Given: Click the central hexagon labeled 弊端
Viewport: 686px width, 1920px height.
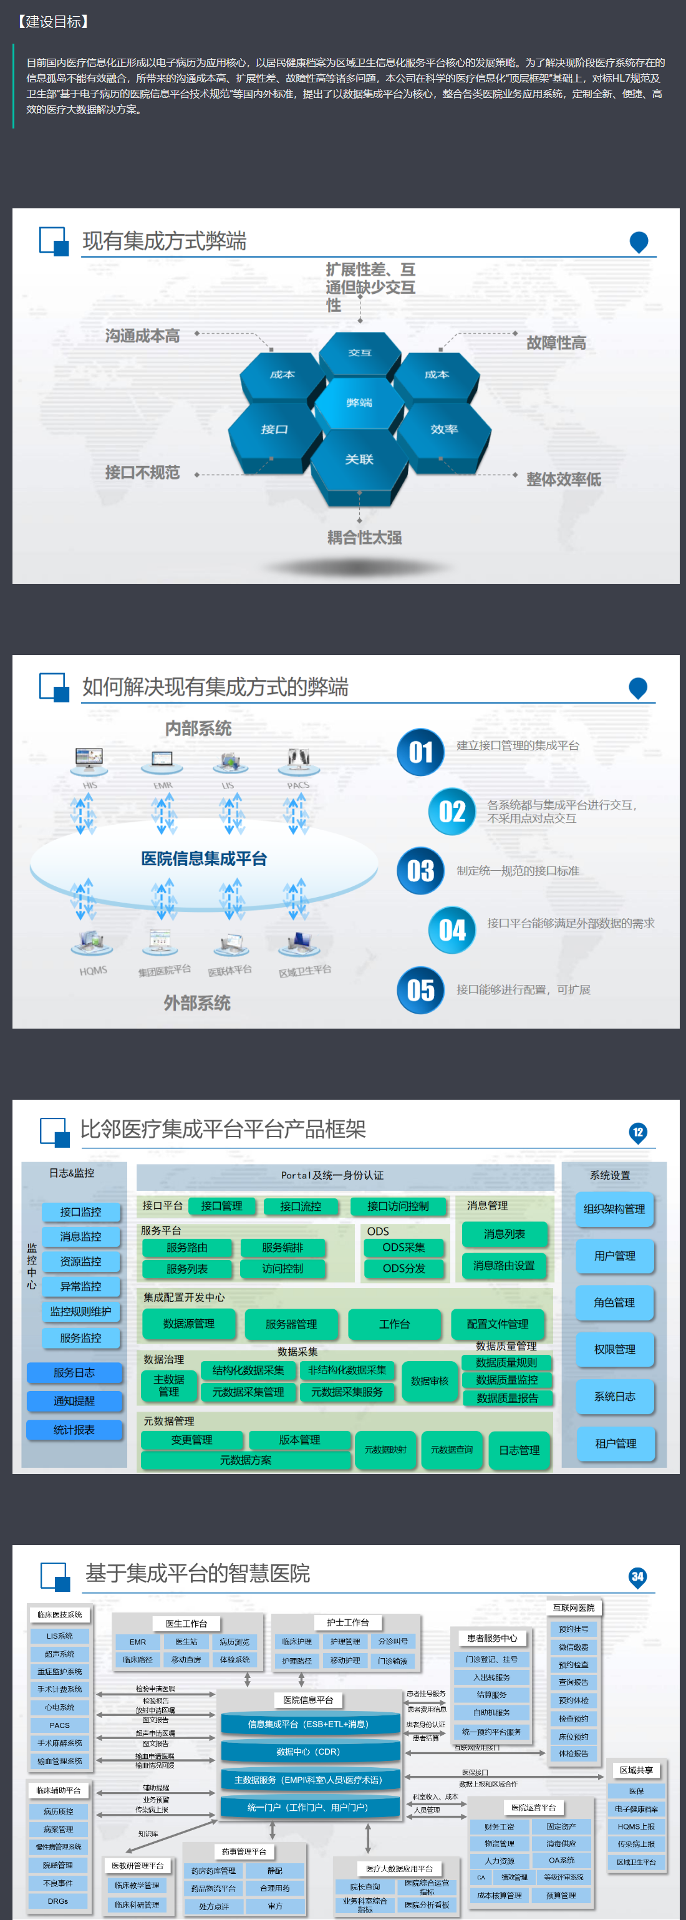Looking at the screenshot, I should (x=359, y=402).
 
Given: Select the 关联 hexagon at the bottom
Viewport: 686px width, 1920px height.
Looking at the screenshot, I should (x=359, y=460).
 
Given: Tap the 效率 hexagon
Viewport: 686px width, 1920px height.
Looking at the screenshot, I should (x=444, y=429).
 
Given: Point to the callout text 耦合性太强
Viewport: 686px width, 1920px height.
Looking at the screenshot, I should (x=364, y=538).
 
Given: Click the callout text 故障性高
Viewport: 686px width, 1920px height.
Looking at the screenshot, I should (x=556, y=343).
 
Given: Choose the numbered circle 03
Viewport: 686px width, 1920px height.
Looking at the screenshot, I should (x=421, y=871).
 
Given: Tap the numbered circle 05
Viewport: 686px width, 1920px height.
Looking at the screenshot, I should (x=421, y=990).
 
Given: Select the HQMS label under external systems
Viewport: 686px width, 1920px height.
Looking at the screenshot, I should (x=93, y=971).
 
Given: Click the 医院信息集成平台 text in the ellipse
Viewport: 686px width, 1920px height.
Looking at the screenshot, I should (x=204, y=858).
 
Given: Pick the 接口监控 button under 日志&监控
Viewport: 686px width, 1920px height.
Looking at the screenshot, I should (x=80, y=1212).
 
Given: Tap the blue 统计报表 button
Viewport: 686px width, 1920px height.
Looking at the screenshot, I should (x=74, y=1430).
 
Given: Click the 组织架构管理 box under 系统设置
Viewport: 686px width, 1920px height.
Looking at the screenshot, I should (x=614, y=1209).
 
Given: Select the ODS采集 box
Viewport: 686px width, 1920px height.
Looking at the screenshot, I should (x=403, y=1247).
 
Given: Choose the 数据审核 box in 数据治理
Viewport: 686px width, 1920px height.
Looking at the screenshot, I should (x=430, y=1381).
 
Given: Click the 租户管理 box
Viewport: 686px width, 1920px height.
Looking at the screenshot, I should (x=616, y=1443).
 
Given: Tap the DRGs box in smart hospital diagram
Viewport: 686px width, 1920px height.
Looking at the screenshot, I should (x=58, y=1901).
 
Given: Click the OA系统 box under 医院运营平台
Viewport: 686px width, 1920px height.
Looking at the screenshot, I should (x=562, y=1860).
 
